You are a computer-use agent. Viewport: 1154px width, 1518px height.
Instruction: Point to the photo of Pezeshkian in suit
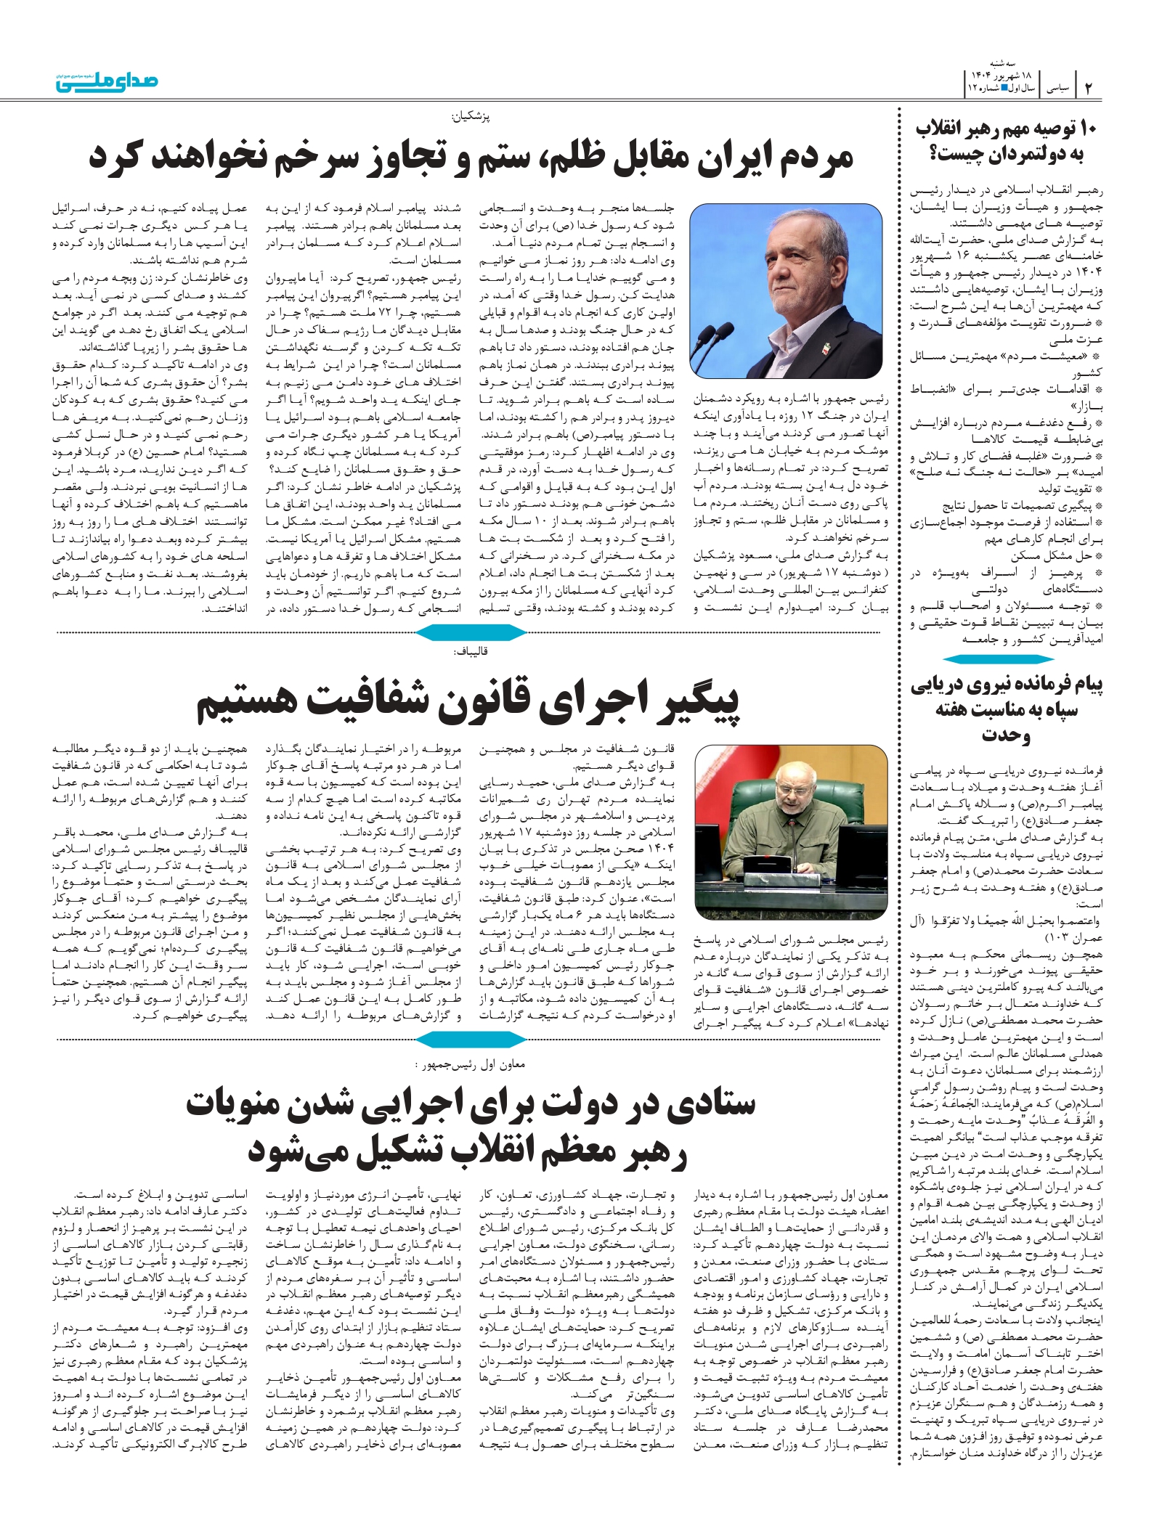tap(785, 291)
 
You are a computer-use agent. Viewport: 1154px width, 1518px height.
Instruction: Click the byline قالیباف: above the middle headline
tap(471, 651)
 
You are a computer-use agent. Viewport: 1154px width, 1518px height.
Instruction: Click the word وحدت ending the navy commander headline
tap(1007, 735)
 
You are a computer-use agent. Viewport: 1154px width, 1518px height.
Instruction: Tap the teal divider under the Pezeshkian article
tap(471, 633)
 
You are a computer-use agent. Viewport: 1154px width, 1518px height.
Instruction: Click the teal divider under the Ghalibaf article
tap(471, 1041)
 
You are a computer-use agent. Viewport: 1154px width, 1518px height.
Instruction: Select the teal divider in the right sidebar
tap(1007, 659)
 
